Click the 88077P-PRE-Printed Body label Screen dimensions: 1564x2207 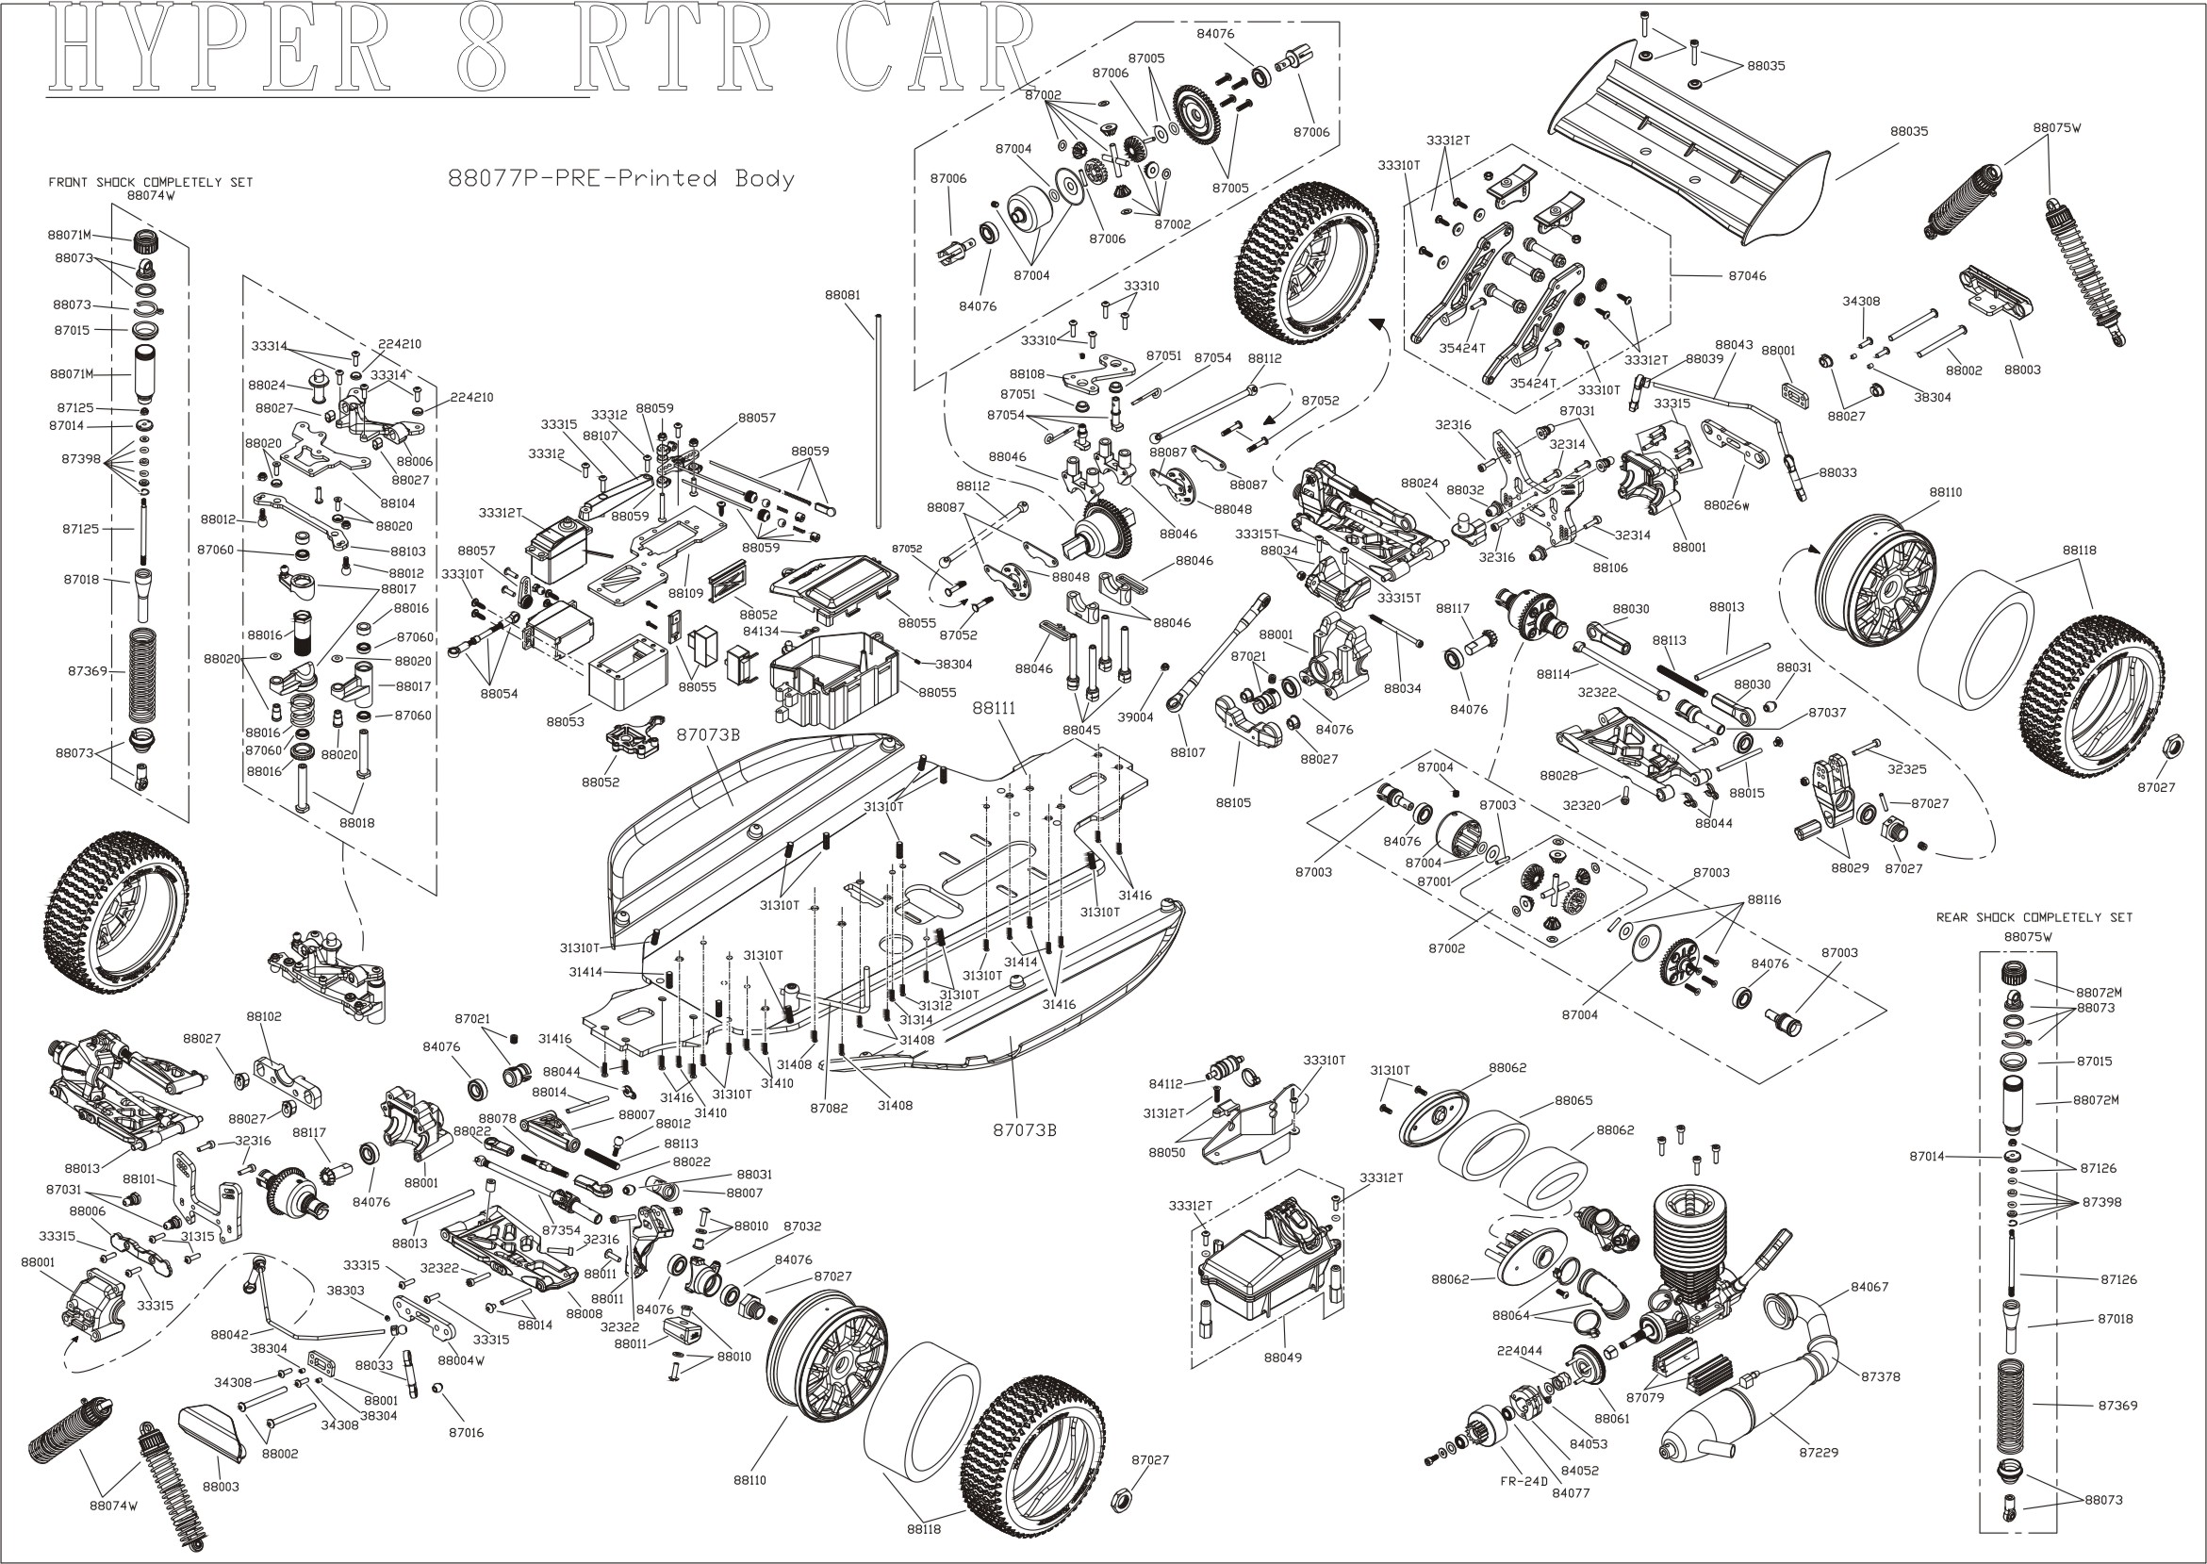[x=621, y=178]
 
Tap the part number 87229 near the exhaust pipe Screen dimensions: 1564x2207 [x=1819, y=1451]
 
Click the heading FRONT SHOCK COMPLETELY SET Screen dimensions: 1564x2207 [x=150, y=182]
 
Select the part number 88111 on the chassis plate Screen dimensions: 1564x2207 [x=994, y=707]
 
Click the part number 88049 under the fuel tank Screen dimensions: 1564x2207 [x=1282, y=1357]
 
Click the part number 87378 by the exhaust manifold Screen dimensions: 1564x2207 [x=1880, y=1376]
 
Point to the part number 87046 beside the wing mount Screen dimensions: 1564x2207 [x=1747, y=275]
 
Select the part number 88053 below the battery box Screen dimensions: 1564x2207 [x=566, y=721]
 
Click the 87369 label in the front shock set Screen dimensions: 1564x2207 [x=88, y=670]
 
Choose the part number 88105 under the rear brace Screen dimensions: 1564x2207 [x=1233, y=801]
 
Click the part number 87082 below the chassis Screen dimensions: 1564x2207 [x=828, y=1108]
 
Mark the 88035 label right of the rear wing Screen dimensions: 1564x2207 [x=1908, y=131]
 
